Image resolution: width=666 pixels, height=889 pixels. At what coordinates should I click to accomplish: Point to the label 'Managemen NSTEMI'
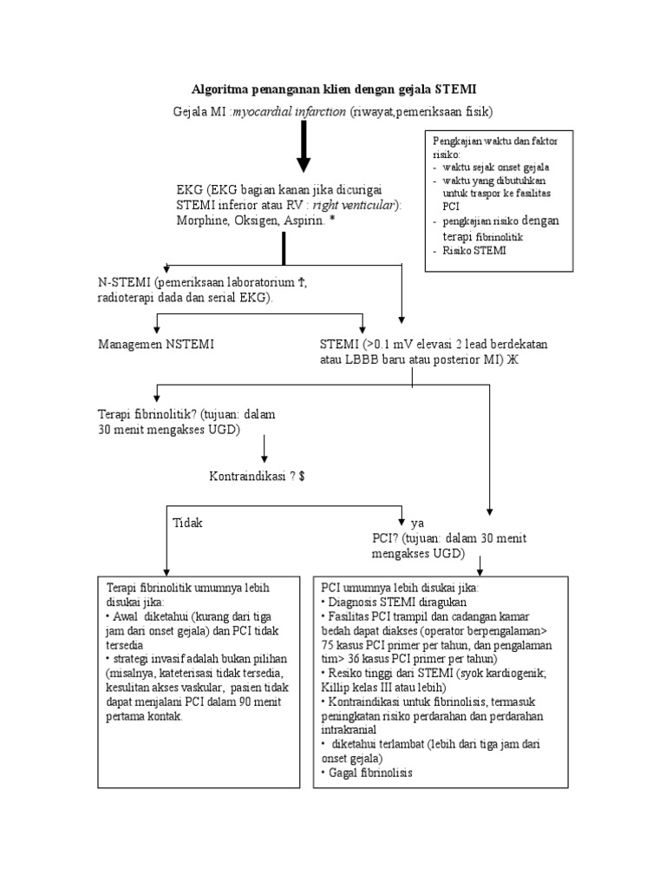tap(156, 345)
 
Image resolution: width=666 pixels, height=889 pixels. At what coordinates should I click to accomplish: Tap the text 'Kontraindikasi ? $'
tap(257, 477)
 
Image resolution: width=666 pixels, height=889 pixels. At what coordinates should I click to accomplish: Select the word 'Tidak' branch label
tap(188, 523)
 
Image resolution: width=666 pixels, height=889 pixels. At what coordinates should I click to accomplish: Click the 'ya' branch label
tap(417, 524)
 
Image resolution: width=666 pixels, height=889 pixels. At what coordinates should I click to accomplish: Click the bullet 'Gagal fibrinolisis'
tap(368, 772)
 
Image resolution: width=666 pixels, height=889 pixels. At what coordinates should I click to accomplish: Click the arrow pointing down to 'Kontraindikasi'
tap(264, 448)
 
